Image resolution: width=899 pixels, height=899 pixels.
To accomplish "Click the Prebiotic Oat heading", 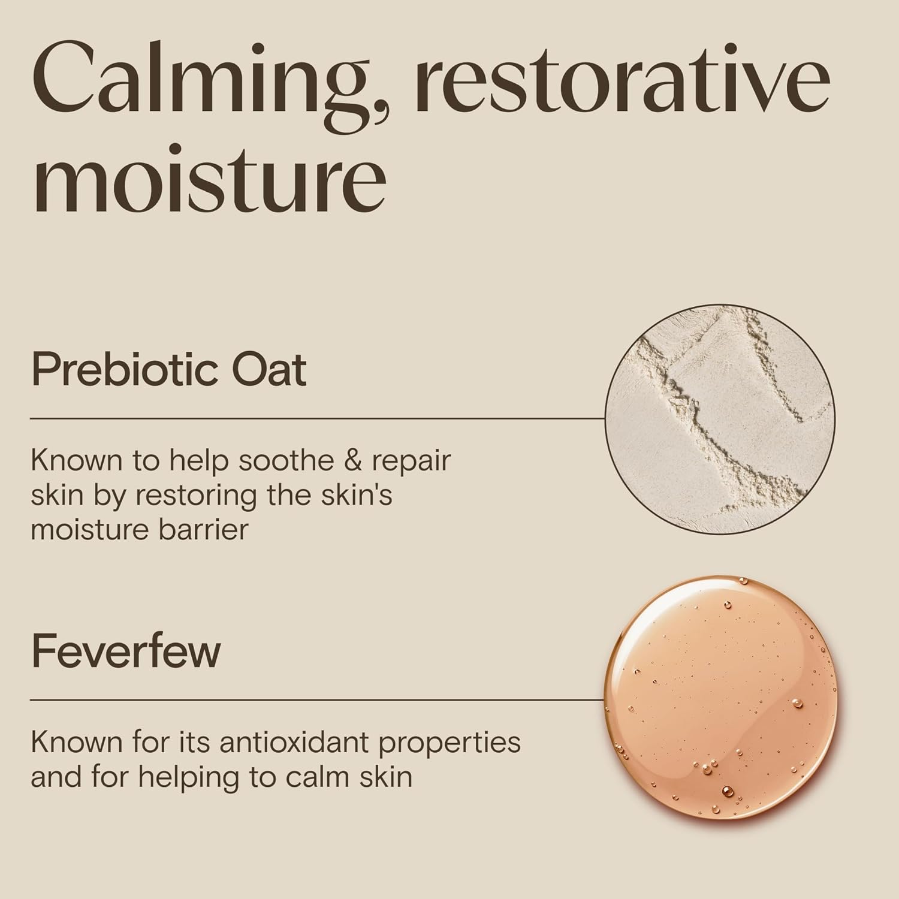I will (168, 370).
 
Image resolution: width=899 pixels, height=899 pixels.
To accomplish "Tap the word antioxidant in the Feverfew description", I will (293, 743).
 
